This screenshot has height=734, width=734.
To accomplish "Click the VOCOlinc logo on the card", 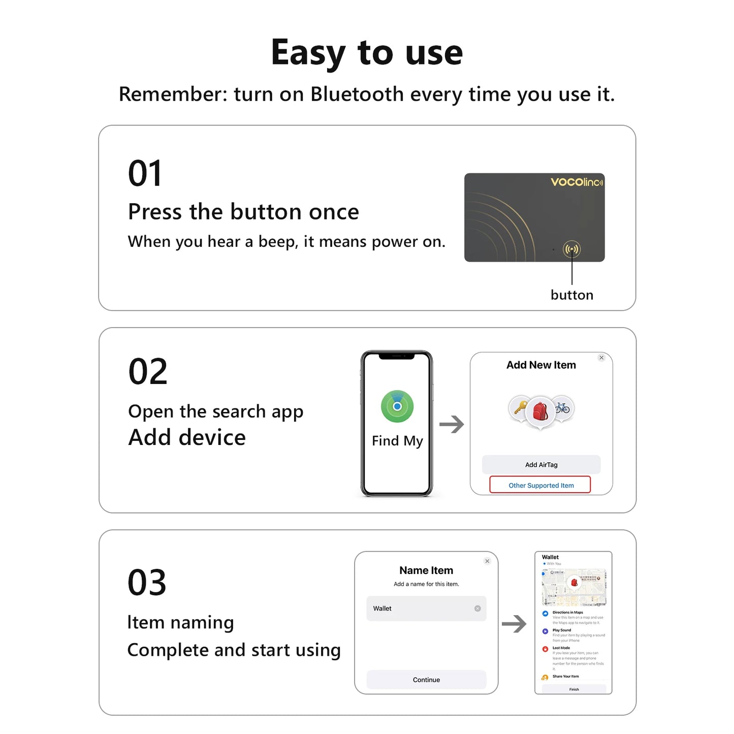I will [577, 182].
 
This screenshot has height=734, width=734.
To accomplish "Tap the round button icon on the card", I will [571, 249].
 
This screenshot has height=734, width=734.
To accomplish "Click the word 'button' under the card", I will [571, 295].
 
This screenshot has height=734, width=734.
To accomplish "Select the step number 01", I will [145, 174].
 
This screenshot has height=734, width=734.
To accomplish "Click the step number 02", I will [148, 371].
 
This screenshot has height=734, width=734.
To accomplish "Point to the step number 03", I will [147, 583].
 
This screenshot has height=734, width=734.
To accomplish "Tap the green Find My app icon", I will [397, 406].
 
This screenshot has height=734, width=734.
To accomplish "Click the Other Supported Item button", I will [540, 485].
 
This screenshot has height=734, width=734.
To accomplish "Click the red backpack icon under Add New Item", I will [540, 411].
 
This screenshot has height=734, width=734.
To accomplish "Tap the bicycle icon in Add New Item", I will [562, 407].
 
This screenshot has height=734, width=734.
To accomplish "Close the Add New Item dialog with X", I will [601, 358].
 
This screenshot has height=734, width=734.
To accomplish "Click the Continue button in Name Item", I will [426, 680].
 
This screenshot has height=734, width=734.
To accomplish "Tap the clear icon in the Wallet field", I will [477, 609].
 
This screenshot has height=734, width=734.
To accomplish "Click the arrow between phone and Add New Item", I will [452, 424].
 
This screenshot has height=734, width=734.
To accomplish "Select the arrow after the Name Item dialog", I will [514, 624].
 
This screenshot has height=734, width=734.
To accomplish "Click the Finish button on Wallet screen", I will [574, 689].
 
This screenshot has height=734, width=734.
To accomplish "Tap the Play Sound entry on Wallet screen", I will [562, 630].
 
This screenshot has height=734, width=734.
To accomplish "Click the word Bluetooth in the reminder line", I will [357, 94].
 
